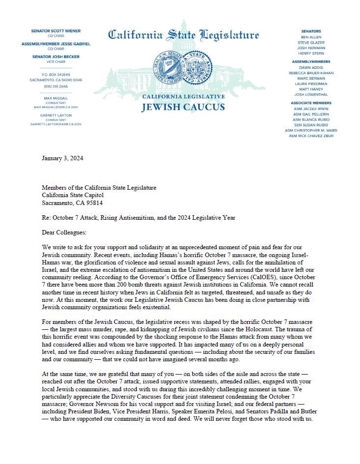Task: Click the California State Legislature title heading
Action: click(183, 35)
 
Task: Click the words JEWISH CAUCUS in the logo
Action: click(183, 107)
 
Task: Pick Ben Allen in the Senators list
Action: click(311, 37)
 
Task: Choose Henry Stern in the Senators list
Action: click(311, 54)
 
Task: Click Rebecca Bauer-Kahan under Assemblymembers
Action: click(311, 73)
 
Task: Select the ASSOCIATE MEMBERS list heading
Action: click(311, 103)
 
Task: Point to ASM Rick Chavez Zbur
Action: click(311, 136)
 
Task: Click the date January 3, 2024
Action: click(61, 158)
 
